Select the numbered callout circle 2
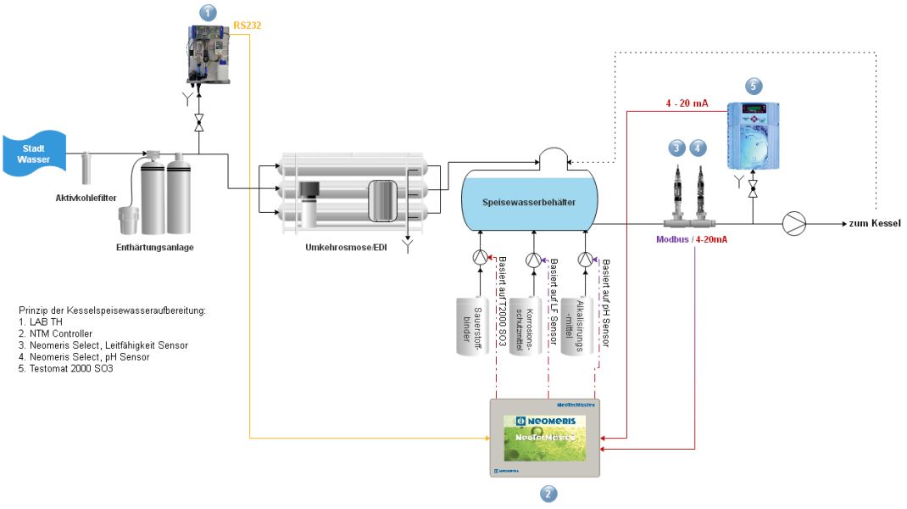[548, 494]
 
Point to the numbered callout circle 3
[676, 148]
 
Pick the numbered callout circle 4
[698, 148]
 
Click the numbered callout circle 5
[754, 85]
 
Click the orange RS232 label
[247, 25]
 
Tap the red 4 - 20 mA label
[686, 103]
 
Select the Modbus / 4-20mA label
[691, 239]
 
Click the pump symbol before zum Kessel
[795, 223]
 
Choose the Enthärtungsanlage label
[157, 248]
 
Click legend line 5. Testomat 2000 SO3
[65, 369]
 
